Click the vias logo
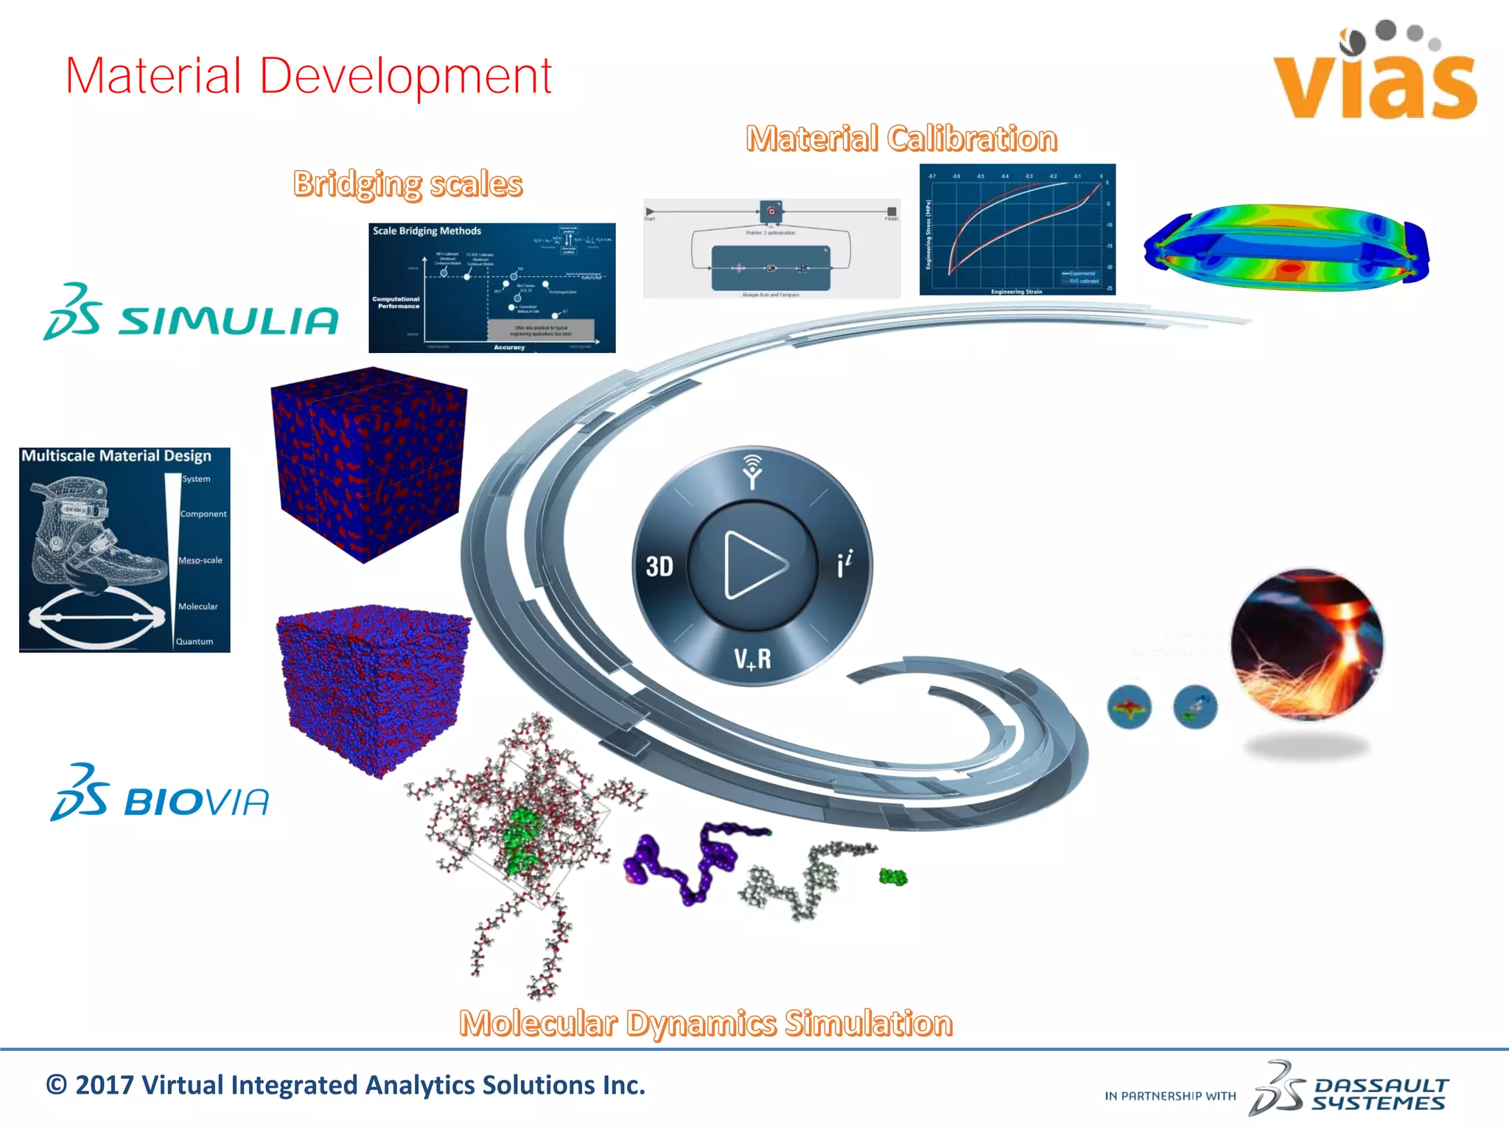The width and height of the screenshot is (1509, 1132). click(x=1375, y=74)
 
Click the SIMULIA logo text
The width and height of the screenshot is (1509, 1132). click(x=228, y=321)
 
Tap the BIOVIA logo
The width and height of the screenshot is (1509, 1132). click(x=161, y=796)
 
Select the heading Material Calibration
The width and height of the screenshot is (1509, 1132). click(x=901, y=139)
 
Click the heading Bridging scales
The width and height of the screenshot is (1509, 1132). click(x=407, y=184)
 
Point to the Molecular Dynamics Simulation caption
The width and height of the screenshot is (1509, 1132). click(x=705, y=1023)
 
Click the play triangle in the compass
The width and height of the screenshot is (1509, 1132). click(x=753, y=565)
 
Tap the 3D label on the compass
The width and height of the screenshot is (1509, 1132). click(x=659, y=566)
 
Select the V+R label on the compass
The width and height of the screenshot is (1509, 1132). click(x=752, y=658)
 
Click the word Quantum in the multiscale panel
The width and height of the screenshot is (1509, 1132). click(x=195, y=641)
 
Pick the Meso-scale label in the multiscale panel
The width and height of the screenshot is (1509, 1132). click(x=200, y=560)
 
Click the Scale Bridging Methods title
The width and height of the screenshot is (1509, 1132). click(x=427, y=231)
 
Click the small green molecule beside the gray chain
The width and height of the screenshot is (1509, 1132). click(x=893, y=876)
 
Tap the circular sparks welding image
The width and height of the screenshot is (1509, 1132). click(x=1307, y=644)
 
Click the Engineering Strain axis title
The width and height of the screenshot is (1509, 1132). click(x=1016, y=291)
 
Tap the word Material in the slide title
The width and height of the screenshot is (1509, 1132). click(x=153, y=76)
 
